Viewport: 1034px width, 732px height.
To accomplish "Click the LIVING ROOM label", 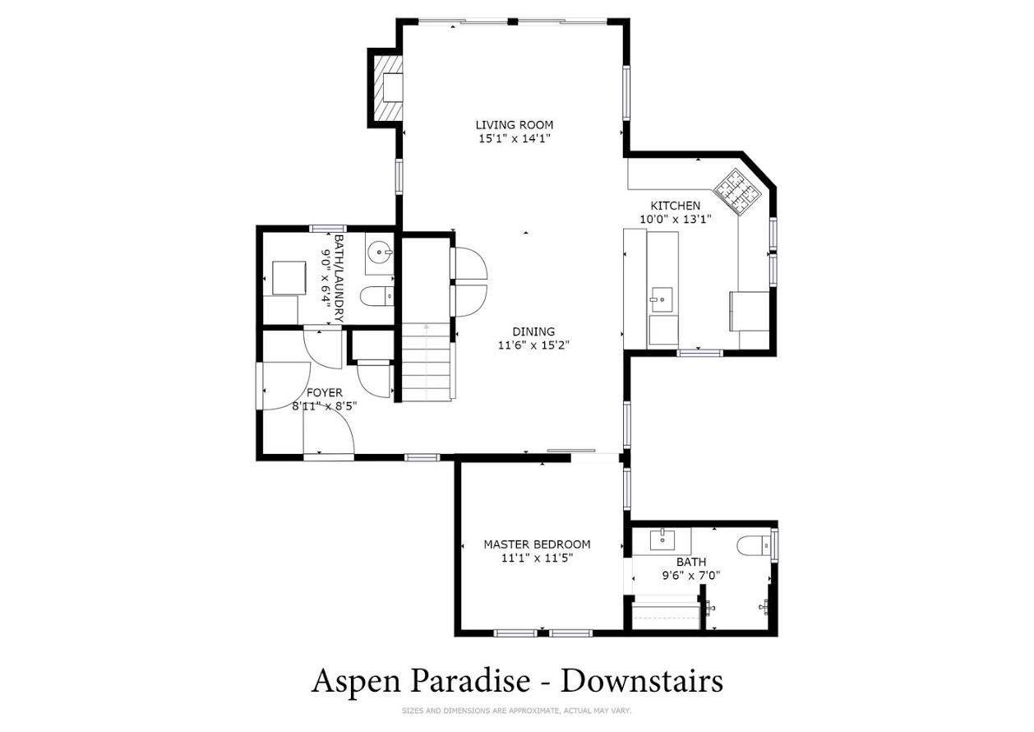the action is click(515, 125).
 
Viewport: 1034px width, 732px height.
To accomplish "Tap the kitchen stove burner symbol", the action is click(736, 191).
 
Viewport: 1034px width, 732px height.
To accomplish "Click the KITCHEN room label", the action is click(676, 206).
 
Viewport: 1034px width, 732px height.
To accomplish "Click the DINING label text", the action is click(533, 331).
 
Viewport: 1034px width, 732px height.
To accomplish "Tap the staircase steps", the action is click(426, 362).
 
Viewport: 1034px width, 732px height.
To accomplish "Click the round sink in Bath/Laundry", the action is click(380, 252).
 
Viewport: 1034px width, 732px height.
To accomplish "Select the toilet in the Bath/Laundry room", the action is click(377, 297).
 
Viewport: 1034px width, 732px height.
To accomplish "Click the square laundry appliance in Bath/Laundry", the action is click(289, 278).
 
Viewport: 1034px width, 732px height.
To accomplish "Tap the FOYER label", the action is click(325, 392).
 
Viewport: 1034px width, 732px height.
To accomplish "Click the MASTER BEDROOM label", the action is click(537, 544).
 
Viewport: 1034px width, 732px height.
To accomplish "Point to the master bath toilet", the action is click(755, 546).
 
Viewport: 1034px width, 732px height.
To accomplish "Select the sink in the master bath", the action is click(662, 539).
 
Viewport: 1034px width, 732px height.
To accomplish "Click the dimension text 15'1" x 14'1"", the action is click(515, 138).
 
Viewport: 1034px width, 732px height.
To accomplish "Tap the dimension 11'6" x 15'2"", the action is click(533, 345).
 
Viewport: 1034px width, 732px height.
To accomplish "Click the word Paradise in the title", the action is click(470, 682).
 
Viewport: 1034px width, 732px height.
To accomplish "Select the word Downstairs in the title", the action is click(642, 682).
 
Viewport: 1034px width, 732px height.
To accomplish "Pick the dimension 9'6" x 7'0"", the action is click(691, 576).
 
